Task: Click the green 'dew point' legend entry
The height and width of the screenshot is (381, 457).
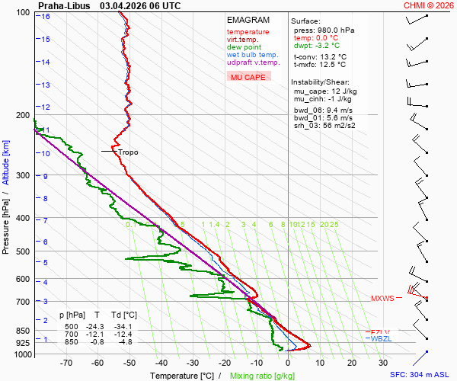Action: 244,47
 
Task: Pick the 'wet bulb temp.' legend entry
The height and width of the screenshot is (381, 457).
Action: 253,55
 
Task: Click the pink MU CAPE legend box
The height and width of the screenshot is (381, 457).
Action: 248,77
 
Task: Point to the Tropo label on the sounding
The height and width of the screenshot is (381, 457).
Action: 128,152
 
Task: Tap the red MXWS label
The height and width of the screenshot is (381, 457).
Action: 382,299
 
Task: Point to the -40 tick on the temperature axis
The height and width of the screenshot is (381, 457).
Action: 161,363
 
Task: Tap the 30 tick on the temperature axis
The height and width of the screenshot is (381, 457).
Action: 383,363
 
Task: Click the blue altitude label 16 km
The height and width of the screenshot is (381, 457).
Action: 46,16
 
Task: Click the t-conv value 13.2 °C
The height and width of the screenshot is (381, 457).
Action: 331,56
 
